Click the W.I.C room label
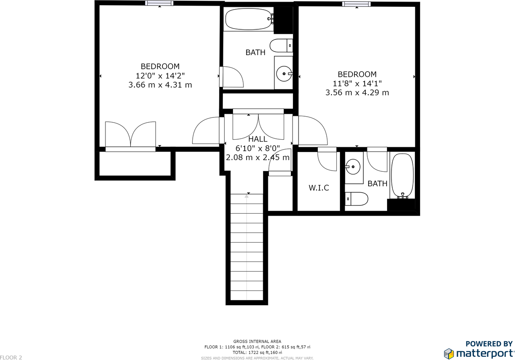[319, 188]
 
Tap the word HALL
[258, 139]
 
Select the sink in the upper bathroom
[284, 74]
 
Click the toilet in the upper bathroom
[281, 45]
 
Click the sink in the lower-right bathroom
[353, 167]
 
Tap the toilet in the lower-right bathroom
[356, 199]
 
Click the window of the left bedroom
[159, 3]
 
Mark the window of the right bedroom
[356, 4]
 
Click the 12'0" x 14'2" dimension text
[160, 76]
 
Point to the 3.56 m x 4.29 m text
[357, 93]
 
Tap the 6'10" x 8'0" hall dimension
[257, 148]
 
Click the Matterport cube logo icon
[449, 353]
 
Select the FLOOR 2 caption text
[11, 358]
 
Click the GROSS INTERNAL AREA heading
[257, 341]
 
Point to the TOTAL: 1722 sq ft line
[257, 352]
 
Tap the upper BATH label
[255, 52]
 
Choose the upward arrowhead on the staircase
[247, 196]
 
